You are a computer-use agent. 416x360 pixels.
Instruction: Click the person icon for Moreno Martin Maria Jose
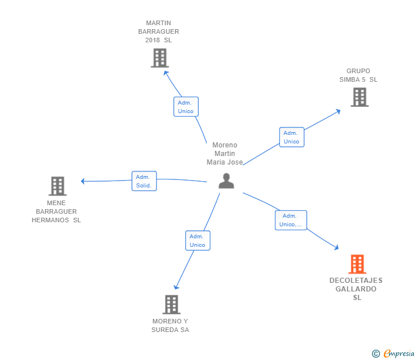coord(226,181)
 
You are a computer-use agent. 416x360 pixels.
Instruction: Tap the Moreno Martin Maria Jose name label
coord(225,154)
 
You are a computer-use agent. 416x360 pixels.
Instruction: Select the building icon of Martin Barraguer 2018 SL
coord(159,58)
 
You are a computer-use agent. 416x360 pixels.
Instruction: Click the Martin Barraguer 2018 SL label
coord(158,32)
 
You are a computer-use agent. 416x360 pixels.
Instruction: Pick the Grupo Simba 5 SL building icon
coord(359,97)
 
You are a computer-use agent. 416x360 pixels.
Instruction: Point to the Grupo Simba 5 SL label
coord(358,75)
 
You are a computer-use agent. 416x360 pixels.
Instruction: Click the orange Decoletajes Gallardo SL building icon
coord(357,264)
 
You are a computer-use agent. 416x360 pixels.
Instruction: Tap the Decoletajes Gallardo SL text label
coord(356,289)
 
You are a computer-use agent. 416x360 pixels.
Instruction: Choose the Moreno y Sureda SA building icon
coord(171,305)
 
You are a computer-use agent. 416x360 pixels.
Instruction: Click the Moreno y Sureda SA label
coord(170,326)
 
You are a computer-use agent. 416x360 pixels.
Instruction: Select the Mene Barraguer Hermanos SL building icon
coord(57,186)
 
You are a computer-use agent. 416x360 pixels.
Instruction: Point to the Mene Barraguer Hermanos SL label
coord(56,211)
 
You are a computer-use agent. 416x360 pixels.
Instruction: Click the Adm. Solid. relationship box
coord(144,181)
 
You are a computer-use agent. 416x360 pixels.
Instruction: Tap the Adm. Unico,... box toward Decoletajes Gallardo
coord(291,220)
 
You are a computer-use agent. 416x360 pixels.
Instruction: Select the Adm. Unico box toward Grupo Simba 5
coord(291,137)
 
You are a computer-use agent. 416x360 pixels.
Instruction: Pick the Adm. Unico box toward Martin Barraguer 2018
coord(186,107)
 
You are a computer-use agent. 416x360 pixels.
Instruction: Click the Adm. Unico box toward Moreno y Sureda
coord(198,241)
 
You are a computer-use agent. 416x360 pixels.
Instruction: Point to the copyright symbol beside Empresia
coord(375,354)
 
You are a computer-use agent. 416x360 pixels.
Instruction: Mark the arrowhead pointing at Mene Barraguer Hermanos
coord(83,181)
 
